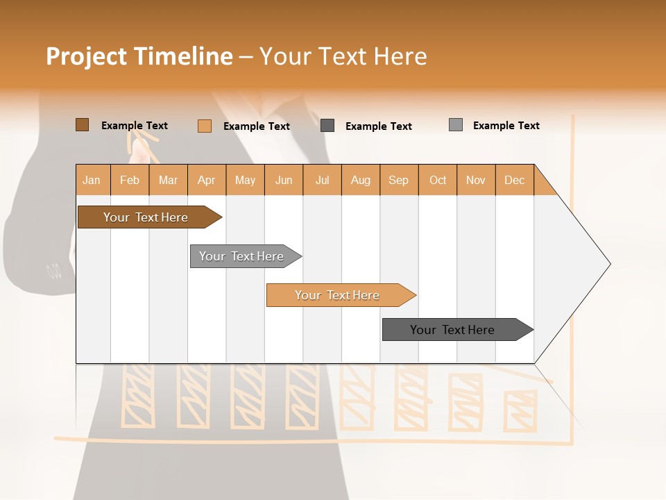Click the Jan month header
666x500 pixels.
(92, 180)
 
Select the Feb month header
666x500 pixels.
(130, 180)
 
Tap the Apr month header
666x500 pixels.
(206, 180)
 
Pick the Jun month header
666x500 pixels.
(284, 180)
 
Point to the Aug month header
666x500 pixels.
(360, 180)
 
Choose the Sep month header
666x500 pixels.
(398, 180)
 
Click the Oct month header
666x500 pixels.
(438, 180)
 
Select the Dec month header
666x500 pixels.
(514, 180)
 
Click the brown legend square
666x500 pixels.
(83, 125)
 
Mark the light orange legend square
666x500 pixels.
(205, 126)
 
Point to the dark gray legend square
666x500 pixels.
(327, 126)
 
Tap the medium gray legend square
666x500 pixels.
(456, 125)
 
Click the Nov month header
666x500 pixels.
(475, 180)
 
